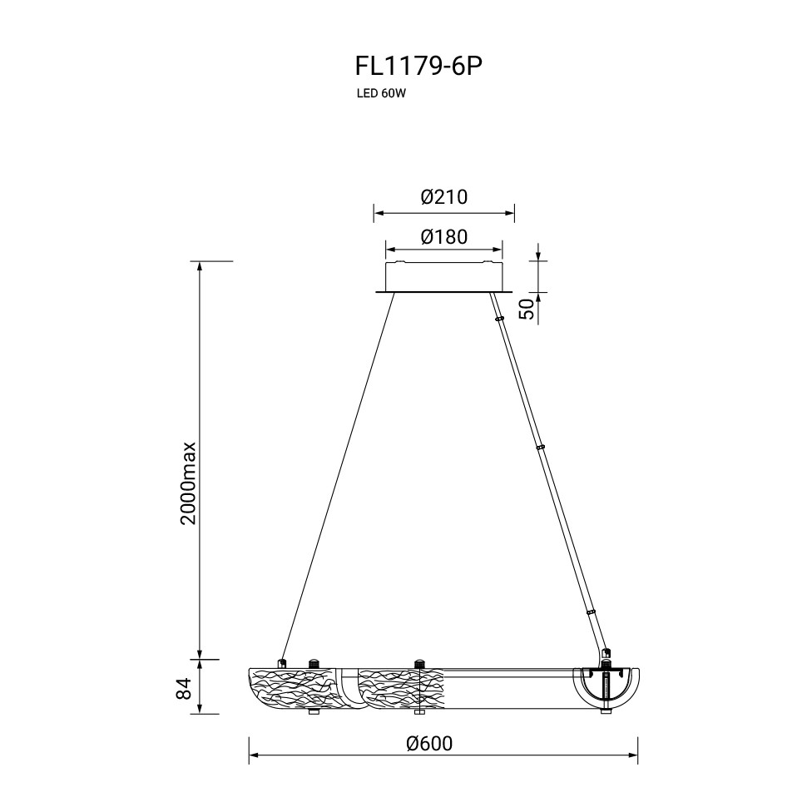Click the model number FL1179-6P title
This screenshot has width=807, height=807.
pos(419,67)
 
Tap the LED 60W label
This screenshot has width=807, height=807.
pos(379,94)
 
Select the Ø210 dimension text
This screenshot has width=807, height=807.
pos(443,196)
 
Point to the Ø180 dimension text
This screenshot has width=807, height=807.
pos(443,237)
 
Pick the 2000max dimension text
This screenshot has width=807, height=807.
pos(188,483)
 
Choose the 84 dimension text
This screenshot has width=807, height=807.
pos(184,688)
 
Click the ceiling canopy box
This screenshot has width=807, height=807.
pos(443,278)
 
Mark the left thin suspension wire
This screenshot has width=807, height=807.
pos(337,477)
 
